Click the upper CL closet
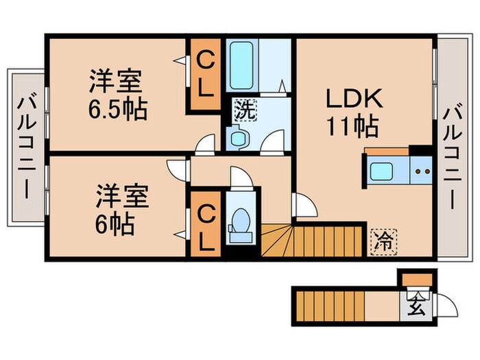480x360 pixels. pyautogui.click(x=205, y=75)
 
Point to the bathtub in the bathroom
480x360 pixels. pyautogui.click(x=241, y=65)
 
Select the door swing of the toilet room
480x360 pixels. pyautogui.click(x=241, y=180)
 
